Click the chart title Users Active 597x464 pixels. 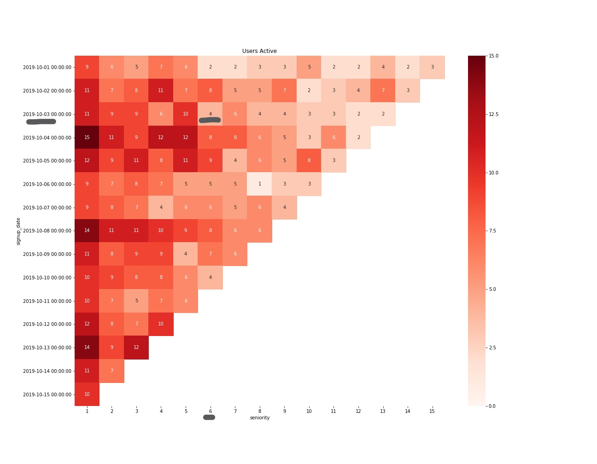pyautogui.click(x=259, y=51)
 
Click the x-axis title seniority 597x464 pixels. pyautogui.click(x=260, y=418)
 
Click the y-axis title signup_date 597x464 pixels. pyautogui.click(x=18, y=231)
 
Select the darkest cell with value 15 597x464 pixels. pyautogui.click(x=87, y=137)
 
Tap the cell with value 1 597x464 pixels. pyautogui.click(x=260, y=184)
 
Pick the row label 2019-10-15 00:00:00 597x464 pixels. pyautogui.click(x=47, y=394)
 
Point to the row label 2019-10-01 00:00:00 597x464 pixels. pyautogui.click(x=47, y=67)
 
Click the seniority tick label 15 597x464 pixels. pyautogui.click(x=432, y=411)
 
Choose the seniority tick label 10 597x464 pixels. pyautogui.click(x=309, y=411)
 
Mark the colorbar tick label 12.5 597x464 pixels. pyautogui.click(x=493, y=114)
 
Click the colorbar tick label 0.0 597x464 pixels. pyautogui.click(x=492, y=406)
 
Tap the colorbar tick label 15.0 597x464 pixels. pyautogui.click(x=493, y=56)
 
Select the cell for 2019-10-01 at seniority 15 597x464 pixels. pyautogui.click(x=432, y=67)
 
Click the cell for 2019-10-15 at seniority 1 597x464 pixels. pyautogui.click(x=87, y=394)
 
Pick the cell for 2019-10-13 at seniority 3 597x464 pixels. pyautogui.click(x=136, y=348)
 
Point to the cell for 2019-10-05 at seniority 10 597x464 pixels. pyautogui.click(x=309, y=161)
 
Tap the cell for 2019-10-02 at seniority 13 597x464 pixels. pyautogui.click(x=383, y=91)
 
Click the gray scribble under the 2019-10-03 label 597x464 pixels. pyautogui.click(x=41, y=122)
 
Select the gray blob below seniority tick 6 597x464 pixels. pyautogui.click(x=209, y=417)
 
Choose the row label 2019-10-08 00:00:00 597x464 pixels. pyautogui.click(x=47, y=231)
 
